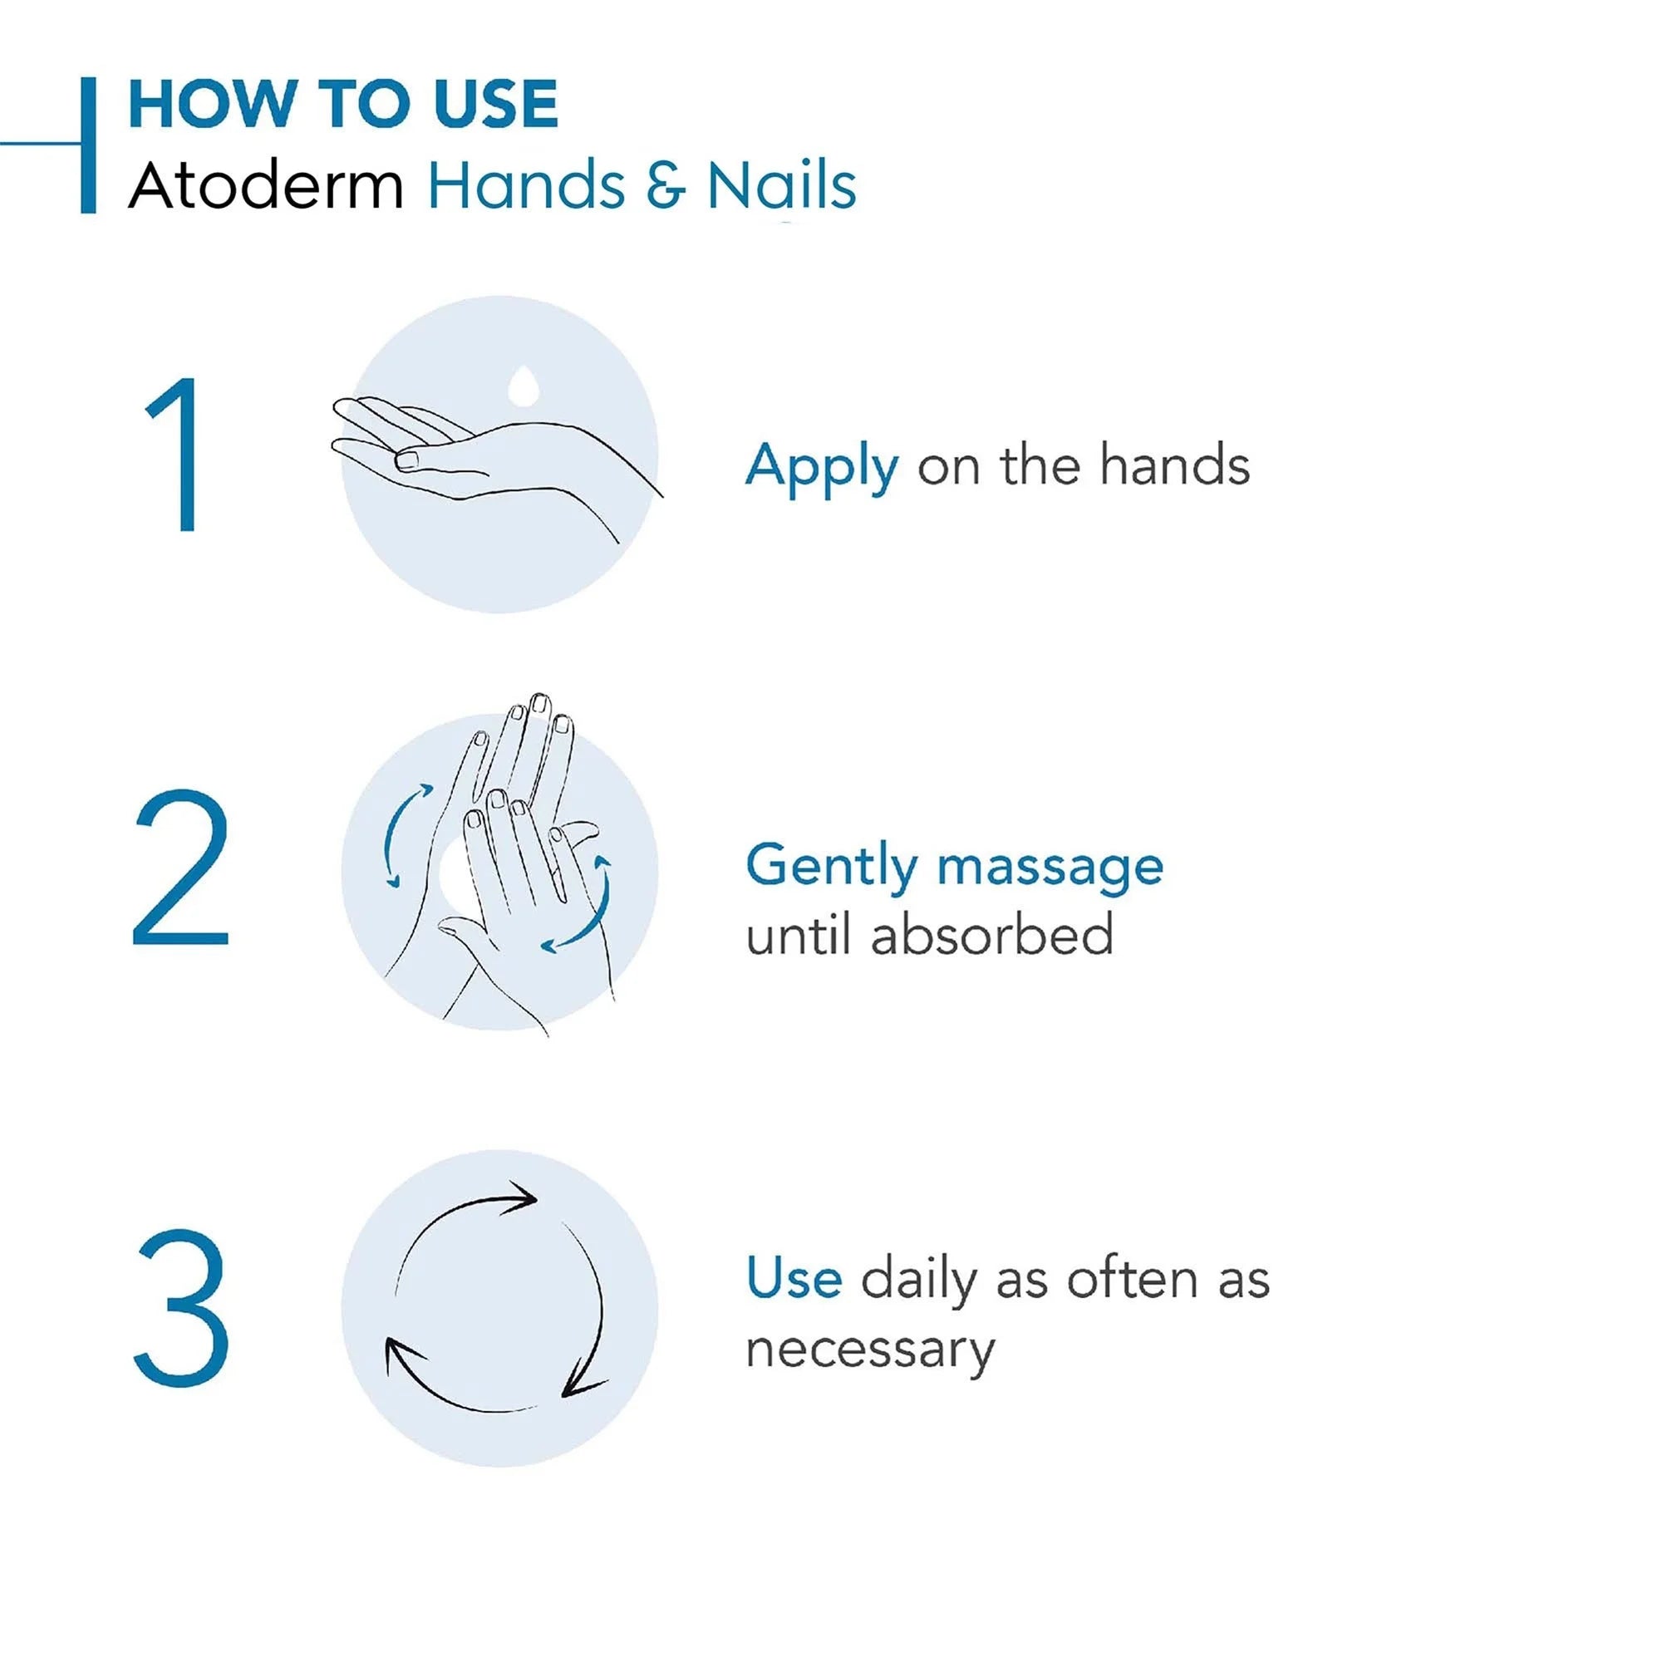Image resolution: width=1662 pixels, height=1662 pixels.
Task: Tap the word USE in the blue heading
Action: pos(496,104)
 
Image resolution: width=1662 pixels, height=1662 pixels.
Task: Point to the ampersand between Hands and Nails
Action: pos(666,186)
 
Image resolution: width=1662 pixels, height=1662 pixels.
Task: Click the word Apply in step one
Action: pos(823,468)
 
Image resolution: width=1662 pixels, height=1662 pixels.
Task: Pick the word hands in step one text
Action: pos(1174,465)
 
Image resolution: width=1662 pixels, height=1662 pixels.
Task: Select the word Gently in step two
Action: pos(831,867)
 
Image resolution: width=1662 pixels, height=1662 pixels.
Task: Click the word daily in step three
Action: pos(919,1280)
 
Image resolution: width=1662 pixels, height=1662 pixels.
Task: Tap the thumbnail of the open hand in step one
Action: pos(406,460)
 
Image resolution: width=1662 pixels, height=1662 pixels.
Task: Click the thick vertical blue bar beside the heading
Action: pos(88,145)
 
